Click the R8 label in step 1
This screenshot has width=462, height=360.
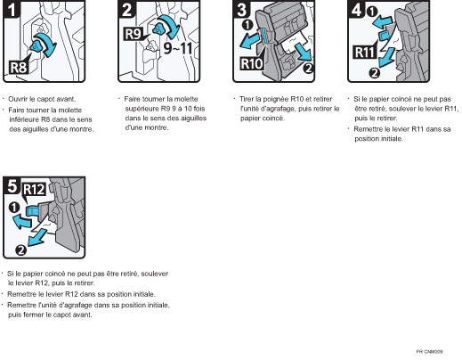[x=19, y=67]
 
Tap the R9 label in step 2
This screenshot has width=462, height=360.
[x=133, y=34]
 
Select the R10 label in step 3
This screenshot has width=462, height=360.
[x=252, y=63]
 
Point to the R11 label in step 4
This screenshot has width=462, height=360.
[x=365, y=53]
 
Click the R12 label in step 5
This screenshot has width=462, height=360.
[x=34, y=190]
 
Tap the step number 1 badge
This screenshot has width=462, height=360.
[x=12, y=10]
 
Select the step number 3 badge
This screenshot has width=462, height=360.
[x=242, y=10]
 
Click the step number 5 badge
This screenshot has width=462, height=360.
[x=12, y=185]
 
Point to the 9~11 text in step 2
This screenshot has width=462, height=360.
[x=178, y=48]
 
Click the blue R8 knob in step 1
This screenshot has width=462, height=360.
[x=36, y=46]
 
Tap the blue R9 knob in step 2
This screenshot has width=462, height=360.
[x=159, y=29]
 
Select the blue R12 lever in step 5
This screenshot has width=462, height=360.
[x=32, y=211]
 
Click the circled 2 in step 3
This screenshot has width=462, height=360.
[x=309, y=68]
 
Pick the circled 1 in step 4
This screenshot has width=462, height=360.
[x=372, y=12]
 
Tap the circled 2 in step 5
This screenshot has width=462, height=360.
[x=20, y=250]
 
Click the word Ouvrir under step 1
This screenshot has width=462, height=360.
[x=18, y=99]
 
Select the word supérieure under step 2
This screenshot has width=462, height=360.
[x=142, y=109]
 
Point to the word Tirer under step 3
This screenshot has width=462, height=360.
[x=247, y=99]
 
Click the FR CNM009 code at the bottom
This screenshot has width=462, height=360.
[x=429, y=352]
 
